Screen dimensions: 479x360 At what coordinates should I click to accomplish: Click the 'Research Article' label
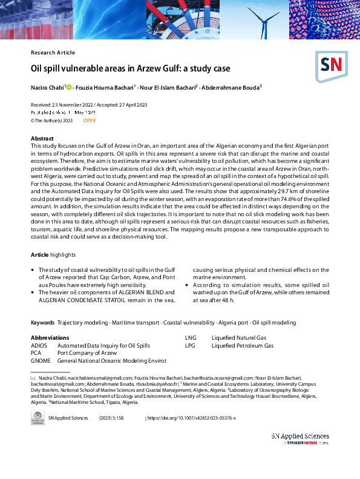[53, 53]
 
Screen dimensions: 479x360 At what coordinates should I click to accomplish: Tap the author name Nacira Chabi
[47, 88]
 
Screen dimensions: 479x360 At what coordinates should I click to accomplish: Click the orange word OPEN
[89, 121]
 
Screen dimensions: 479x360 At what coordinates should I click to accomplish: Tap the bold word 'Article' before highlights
[39, 255]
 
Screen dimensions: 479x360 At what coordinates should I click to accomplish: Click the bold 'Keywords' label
[42, 323]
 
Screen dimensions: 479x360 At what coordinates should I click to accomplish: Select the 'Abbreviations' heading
[50, 337]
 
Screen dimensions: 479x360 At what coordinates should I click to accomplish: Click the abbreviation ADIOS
[39, 345]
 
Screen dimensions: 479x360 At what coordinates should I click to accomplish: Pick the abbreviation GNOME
[40, 360]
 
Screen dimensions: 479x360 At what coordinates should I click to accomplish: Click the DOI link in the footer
[192, 418]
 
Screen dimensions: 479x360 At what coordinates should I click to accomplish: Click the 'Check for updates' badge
[37, 420]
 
